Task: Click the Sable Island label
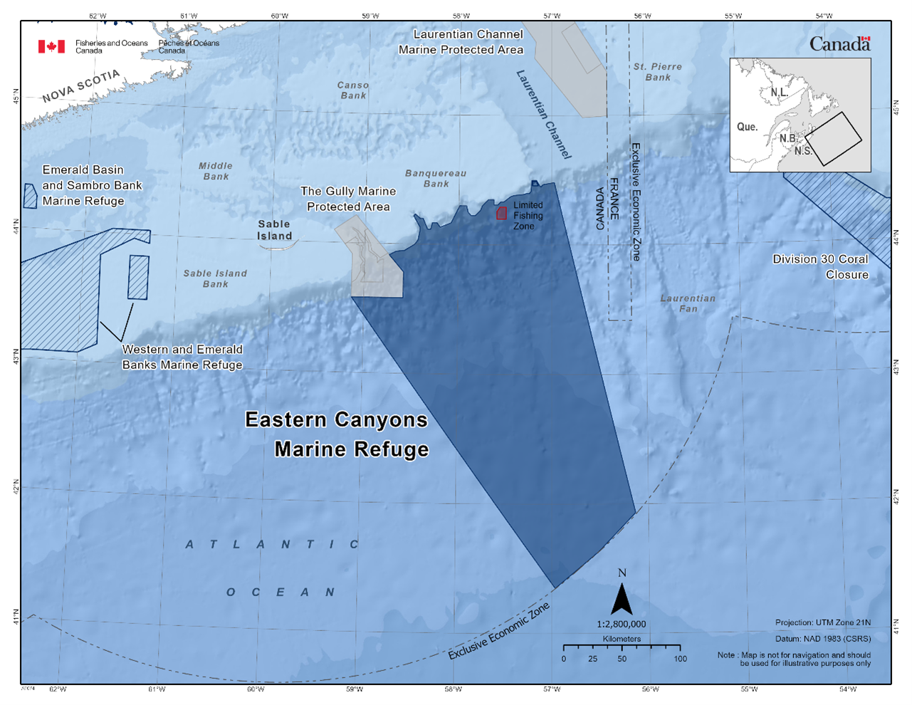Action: (274, 230)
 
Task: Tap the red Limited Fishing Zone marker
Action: (501, 212)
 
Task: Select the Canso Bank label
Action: (353, 90)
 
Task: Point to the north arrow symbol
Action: (622, 599)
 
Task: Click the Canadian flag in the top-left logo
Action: (51, 46)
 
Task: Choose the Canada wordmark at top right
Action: (839, 44)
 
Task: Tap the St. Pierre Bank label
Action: (658, 72)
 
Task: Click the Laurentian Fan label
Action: (688, 303)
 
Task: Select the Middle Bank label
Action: (216, 171)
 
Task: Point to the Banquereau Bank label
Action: (436, 178)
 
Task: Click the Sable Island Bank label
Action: (215, 278)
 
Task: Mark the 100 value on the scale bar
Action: (680, 659)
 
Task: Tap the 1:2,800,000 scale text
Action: (622, 625)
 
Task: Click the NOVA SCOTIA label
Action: (80, 86)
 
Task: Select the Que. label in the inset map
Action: (747, 127)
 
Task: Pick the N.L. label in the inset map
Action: (779, 93)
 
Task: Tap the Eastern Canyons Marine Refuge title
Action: (337, 434)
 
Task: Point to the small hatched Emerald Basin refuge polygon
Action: (30, 196)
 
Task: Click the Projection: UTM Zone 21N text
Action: (822, 622)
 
